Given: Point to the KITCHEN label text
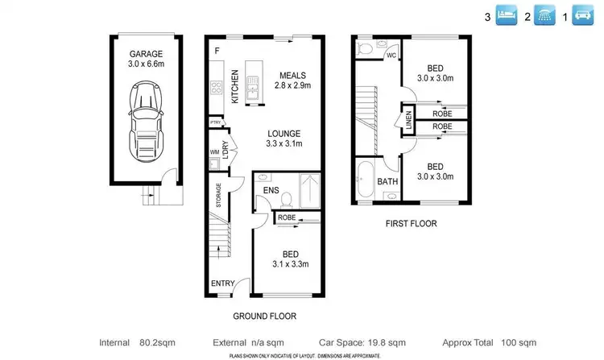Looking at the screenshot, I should [x=235, y=87].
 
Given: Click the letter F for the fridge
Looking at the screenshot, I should [x=216, y=52].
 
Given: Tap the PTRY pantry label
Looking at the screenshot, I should [x=216, y=122].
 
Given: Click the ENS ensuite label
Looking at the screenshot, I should [x=271, y=191].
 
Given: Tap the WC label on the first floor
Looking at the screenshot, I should [x=391, y=56].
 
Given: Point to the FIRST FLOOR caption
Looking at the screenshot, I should [x=411, y=224].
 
